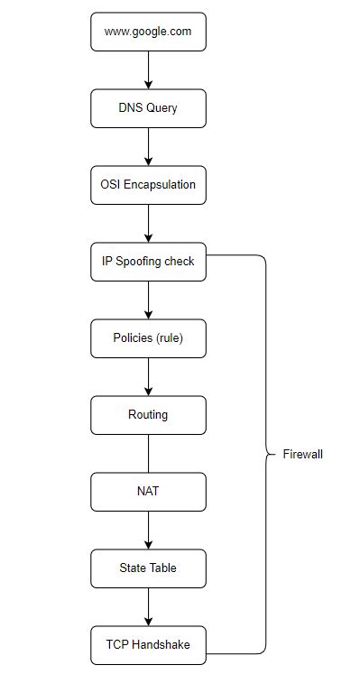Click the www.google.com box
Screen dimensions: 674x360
pos(148,32)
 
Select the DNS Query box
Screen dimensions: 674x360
pos(148,108)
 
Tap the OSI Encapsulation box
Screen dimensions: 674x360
pos(148,185)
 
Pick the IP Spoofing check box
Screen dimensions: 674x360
pos(148,262)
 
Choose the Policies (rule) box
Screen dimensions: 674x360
pos(148,338)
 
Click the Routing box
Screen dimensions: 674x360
pos(148,415)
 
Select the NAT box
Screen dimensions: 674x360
pos(148,492)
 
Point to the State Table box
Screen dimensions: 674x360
pos(148,568)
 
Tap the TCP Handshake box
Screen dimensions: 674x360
pos(148,644)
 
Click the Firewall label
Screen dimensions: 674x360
pos(302,454)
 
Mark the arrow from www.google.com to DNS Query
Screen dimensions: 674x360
pos(148,69)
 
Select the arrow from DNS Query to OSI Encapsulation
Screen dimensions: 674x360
pos(148,146)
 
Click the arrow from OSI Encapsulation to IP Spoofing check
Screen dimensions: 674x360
pos(148,223)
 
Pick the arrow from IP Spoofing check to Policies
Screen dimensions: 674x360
pos(148,300)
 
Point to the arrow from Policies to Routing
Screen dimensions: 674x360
pos(148,376)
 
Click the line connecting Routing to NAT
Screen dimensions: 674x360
pos(148,453)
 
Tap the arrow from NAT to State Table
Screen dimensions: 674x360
pos(148,530)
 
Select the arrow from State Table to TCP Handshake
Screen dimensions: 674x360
pos(148,606)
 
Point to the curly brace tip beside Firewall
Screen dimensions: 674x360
pos(268,454)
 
